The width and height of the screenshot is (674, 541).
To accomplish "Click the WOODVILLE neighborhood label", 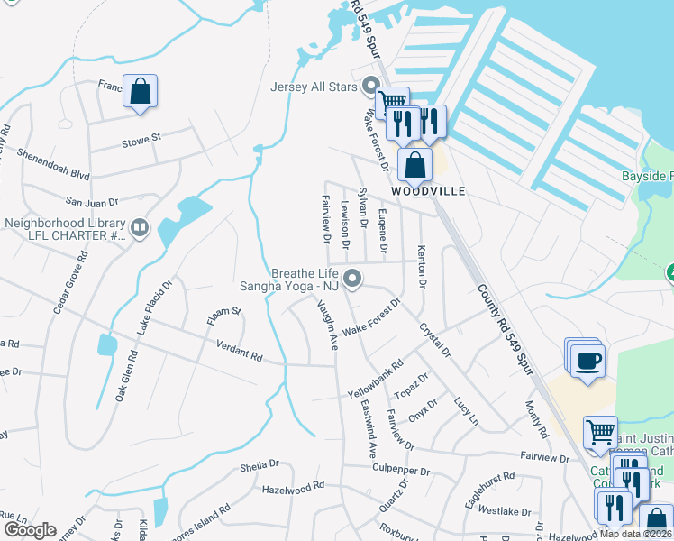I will tap(428, 191).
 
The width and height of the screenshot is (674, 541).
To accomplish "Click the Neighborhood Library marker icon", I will tap(139, 229).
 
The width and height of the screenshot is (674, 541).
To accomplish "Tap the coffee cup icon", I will tap(588, 362).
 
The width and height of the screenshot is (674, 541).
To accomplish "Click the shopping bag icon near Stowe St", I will tap(140, 91).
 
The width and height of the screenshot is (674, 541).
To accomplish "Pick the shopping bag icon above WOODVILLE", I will tap(414, 165).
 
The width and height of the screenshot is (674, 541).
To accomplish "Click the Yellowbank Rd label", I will tap(375, 382).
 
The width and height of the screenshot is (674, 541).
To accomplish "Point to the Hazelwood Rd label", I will tap(293, 487).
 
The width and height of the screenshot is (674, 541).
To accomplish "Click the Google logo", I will tap(30, 530).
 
